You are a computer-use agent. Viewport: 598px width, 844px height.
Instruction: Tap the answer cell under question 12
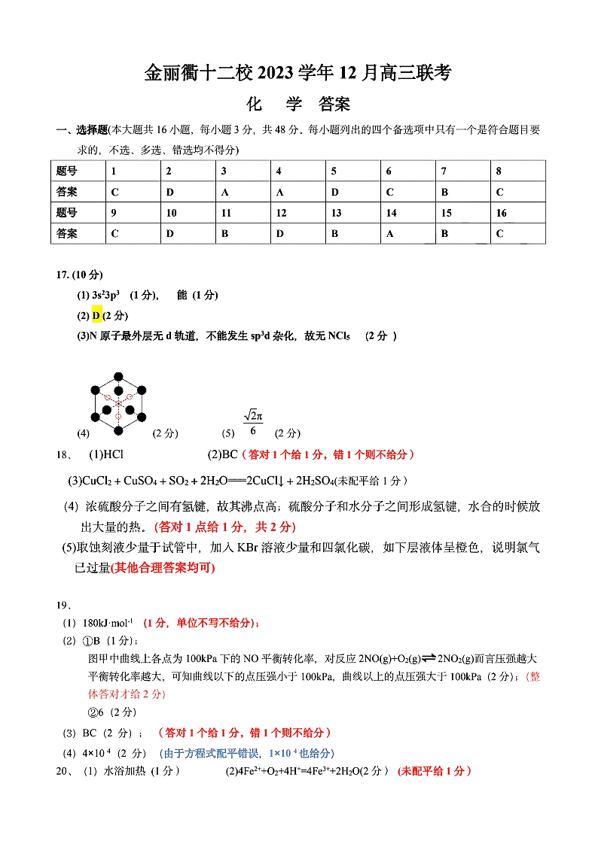point(298,234)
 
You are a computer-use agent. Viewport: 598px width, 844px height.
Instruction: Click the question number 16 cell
point(517,213)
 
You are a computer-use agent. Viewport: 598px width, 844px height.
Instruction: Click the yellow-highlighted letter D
point(96,315)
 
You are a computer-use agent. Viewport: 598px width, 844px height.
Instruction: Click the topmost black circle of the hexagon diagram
point(118,376)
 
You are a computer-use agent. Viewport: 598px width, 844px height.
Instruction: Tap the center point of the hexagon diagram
point(118,403)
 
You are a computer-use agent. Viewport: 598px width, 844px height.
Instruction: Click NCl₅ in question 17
point(340,335)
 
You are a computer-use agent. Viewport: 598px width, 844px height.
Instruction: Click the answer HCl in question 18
point(113,454)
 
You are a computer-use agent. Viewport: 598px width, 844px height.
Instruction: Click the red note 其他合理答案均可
point(163,568)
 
